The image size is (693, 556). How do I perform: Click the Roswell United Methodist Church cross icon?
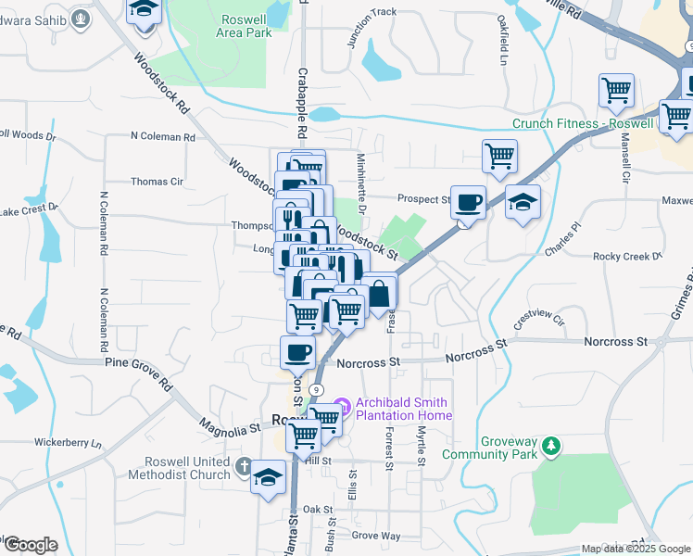(x=244, y=466)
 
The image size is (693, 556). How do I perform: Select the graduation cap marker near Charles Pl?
(x=523, y=202)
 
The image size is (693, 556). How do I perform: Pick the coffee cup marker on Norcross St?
(x=297, y=352)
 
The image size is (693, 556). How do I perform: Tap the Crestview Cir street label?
(x=538, y=320)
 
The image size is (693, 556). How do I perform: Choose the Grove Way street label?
(x=376, y=536)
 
